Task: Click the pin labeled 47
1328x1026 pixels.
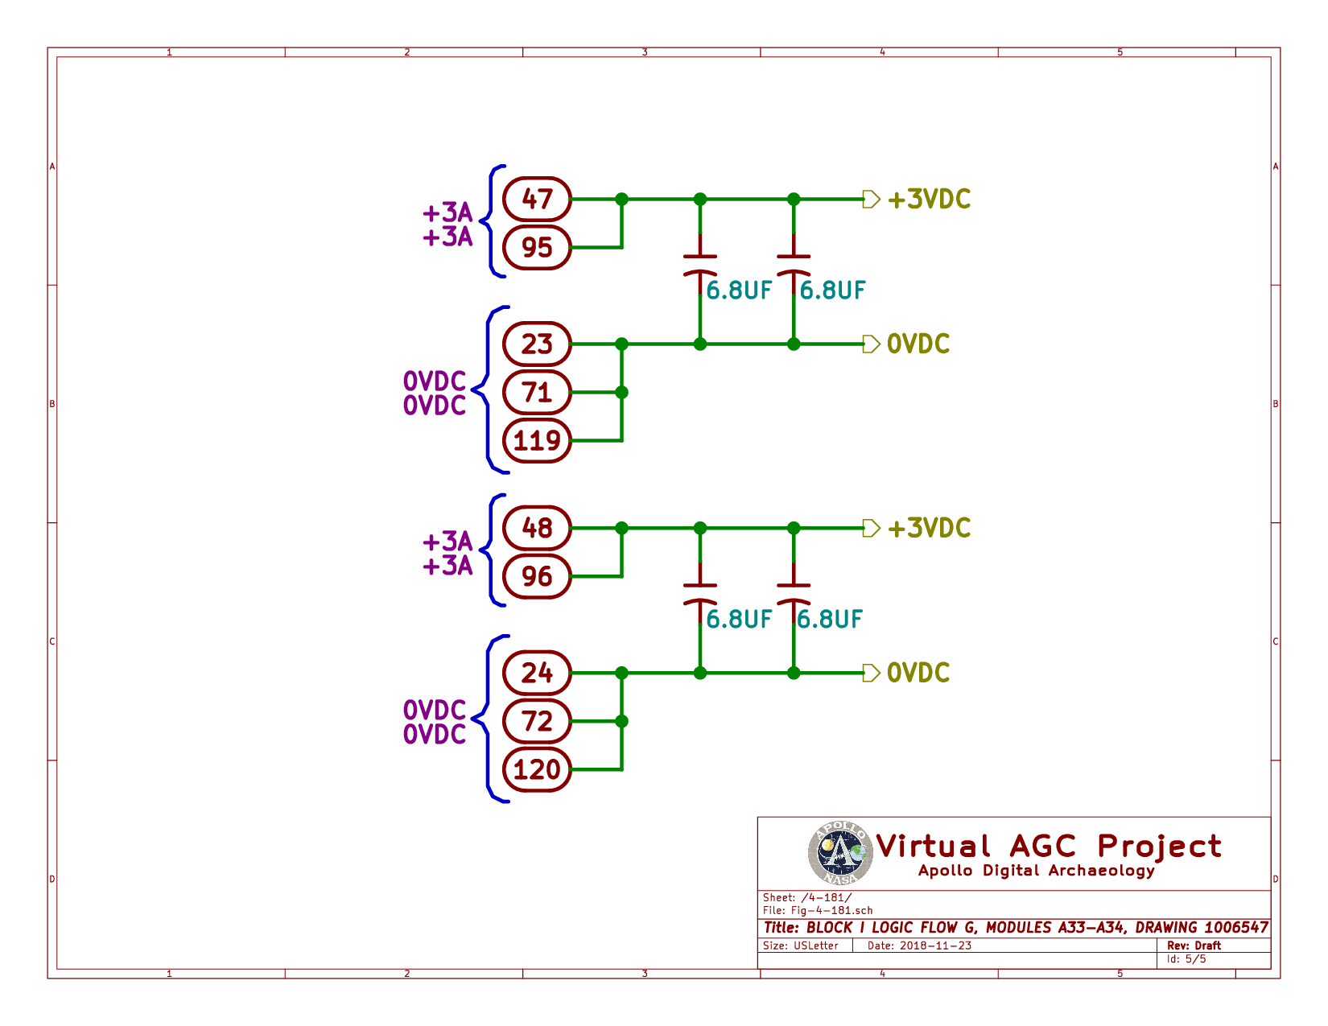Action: click(537, 200)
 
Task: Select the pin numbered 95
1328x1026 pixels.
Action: click(537, 248)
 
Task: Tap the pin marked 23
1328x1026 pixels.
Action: click(537, 344)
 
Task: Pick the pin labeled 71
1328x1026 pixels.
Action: click(537, 393)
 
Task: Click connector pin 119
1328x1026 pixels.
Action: click(537, 441)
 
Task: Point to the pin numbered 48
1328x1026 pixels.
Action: click(537, 528)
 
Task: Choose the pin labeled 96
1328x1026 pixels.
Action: click(537, 576)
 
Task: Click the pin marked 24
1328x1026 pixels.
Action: click(537, 673)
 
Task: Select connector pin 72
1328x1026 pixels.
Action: click(537, 721)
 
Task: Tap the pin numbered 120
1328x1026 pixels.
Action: click(537, 769)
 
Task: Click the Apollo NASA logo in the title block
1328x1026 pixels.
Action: click(840, 853)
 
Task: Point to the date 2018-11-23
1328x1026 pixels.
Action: click(935, 946)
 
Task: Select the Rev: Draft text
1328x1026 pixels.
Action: click(1194, 946)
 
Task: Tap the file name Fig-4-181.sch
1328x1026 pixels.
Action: click(831, 910)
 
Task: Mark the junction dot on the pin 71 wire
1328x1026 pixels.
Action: click(621, 393)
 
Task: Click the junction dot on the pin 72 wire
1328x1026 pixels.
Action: click(621, 721)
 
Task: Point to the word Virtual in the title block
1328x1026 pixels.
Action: click(933, 847)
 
